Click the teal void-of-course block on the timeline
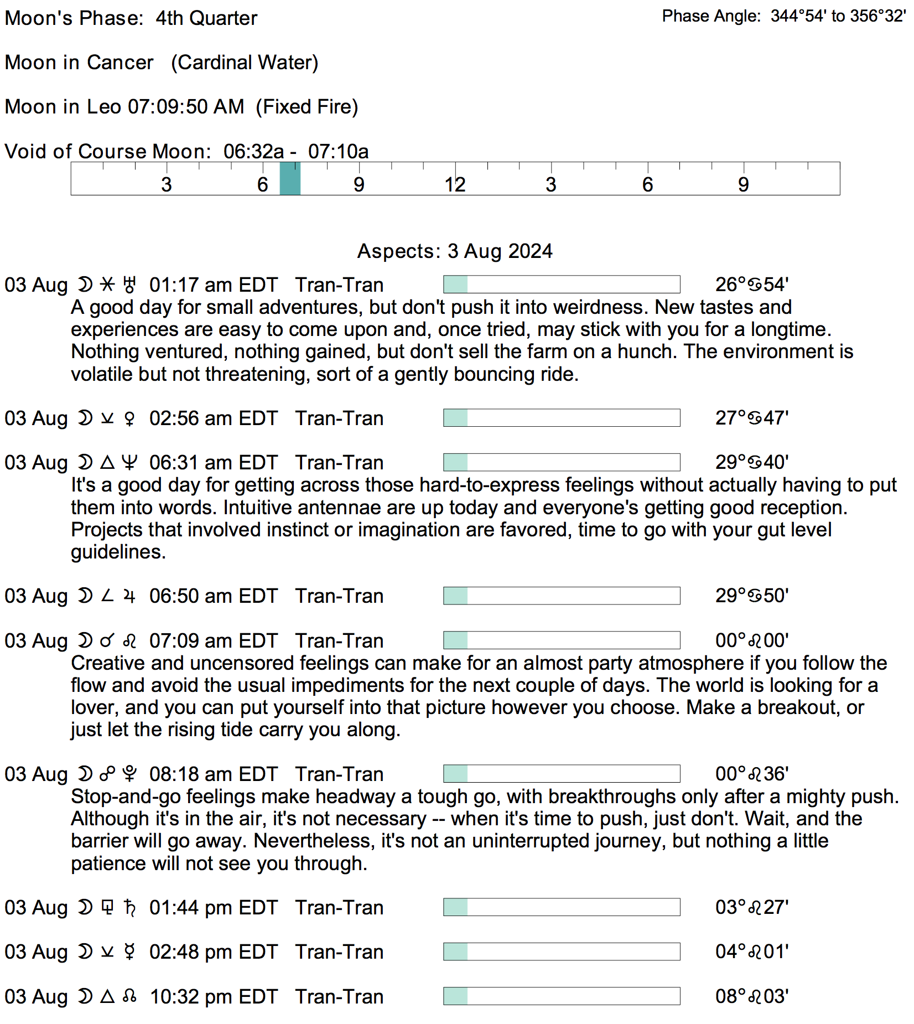(x=290, y=179)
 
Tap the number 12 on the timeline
(x=455, y=185)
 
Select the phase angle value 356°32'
(x=877, y=16)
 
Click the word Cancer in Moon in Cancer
(x=120, y=63)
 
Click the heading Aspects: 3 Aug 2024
(x=455, y=251)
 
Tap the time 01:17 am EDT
(x=213, y=285)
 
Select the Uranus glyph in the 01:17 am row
(x=129, y=285)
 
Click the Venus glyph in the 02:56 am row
(x=129, y=418)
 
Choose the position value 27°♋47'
(x=751, y=418)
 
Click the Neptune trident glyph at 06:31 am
(x=129, y=463)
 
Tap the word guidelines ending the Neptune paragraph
(x=118, y=552)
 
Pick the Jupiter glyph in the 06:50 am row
(x=129, y=596)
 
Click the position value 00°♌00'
(x=751, y=641)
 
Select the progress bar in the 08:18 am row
(x=562, y=774)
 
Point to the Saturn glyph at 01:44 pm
(x=129, y=908)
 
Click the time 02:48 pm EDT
(x=213, y=952)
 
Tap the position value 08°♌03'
(x=751, y=996)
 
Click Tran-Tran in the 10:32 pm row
(x=339, y=997)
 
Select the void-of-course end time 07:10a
(x=338, y=152)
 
